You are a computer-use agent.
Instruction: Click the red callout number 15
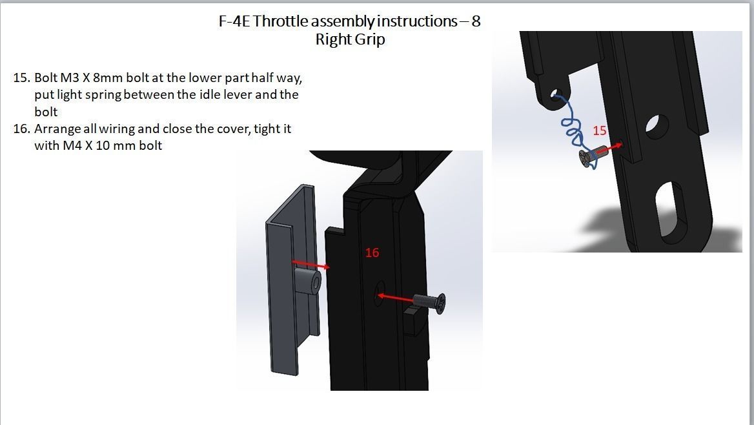[599, 130]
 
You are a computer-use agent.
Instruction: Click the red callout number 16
[372, 253]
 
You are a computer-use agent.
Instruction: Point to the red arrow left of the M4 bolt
[395, 297]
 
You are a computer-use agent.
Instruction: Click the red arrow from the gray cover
[311, 264]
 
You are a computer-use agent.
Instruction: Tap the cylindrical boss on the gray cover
[309, 282]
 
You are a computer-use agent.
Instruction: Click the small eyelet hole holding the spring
[556, 97]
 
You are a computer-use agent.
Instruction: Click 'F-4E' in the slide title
[234, 21]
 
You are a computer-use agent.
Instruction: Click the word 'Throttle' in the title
[281, 21]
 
